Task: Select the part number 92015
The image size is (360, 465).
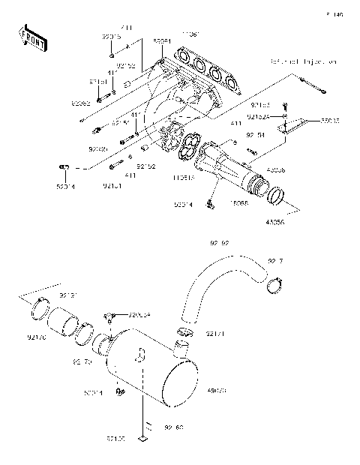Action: [111, 36]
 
